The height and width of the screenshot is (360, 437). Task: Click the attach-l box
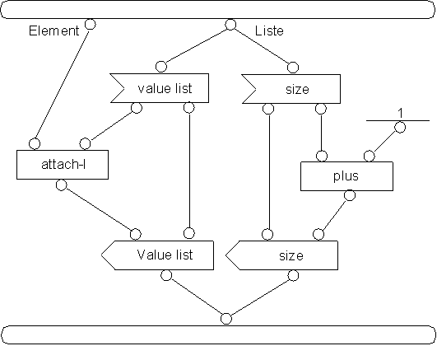pyautogui.click(x=63, y=165)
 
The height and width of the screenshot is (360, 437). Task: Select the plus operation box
pyautogui.click(x=347, y=176)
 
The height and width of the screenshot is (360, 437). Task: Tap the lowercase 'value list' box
pyautogui.click(x=160, y=88)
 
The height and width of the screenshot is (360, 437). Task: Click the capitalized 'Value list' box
pyautogui.click(x=158, y=255)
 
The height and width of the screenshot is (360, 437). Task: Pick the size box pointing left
pyautogui.click(x=282, y=255)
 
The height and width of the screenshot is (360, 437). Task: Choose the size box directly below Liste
pyautogui.click(x=291, y=89)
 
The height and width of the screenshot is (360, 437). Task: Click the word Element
pyautogui.click(x=54, y=30)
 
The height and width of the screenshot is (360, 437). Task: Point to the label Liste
pyautogui.click(x=269, y=30)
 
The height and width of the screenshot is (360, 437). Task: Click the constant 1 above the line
pyautogui.click(x=401, y=113)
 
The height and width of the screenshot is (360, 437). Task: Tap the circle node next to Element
pyautogui.click(x=91, y=24)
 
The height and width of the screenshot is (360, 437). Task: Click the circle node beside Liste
pyautogui.click(x=230, y=25)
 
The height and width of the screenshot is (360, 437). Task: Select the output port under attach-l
pyautogui.click(x=62, y=185)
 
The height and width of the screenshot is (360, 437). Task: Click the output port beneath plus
pyautogui.click(x=350, y=195)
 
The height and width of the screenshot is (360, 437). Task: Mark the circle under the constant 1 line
pyautogui.click(x=400, y=128)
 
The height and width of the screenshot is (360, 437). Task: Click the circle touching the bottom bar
pyautogui.click(x=226, y=319)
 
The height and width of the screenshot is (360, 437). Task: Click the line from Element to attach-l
pyautogui.click(x=63, y=84)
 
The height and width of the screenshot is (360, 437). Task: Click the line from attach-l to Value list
pyautogui.click(x=99, y=209)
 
